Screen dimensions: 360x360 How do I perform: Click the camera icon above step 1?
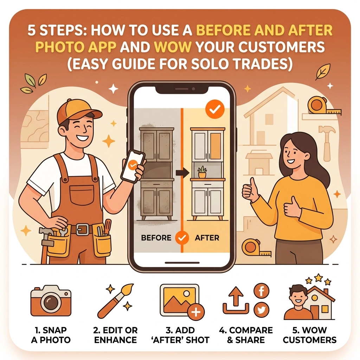(51, 301)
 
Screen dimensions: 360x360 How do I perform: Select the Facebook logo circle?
(261, 291)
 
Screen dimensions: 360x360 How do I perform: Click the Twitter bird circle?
(261, 310)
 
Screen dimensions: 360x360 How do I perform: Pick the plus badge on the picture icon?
(196, 312)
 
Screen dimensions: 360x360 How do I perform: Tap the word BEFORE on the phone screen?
(156, 238)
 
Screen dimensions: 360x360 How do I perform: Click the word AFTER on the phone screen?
(207, 238)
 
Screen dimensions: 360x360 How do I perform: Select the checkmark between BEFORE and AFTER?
(182, 238)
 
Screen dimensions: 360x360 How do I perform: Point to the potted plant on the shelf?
(202, 172)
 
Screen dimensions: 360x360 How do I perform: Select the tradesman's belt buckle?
(83, 229)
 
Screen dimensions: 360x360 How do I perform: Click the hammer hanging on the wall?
(326, 141)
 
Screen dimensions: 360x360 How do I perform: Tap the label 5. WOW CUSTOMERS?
(309, 335)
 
